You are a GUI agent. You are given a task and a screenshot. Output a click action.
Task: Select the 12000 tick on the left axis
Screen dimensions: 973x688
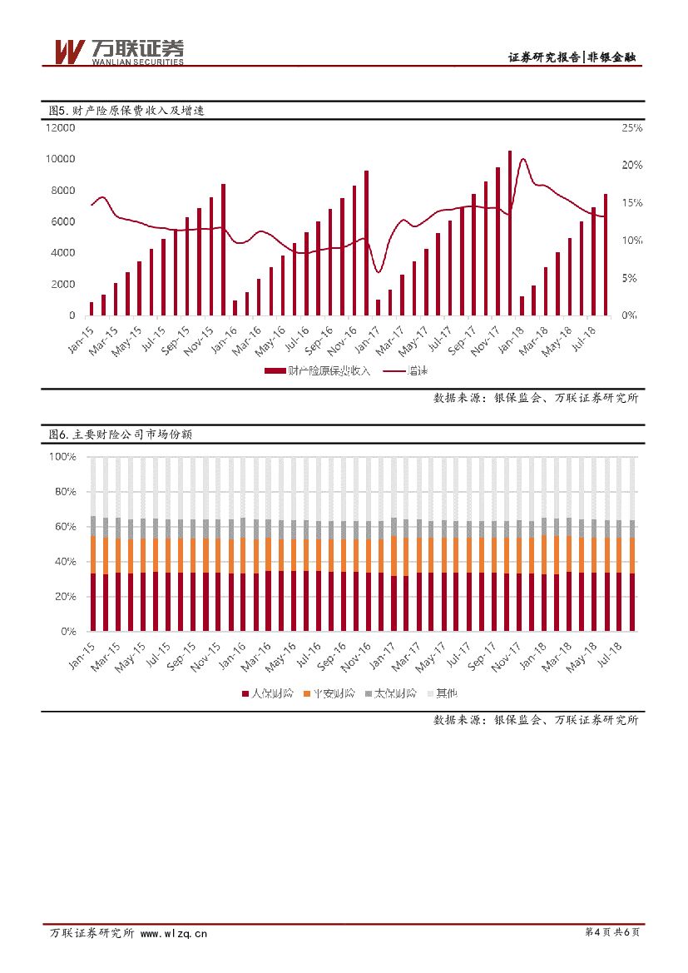tap(61, 127)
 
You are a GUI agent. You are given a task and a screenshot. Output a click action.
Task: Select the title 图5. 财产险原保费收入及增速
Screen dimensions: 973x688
tap(126, 110)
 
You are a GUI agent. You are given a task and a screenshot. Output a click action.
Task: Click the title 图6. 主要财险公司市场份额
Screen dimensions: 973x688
tap(121, 434)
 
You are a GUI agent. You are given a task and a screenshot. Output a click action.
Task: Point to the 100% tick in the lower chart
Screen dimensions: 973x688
tap(63, 457)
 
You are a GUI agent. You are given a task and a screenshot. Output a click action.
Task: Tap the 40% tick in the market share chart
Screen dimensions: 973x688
tap(66, 562)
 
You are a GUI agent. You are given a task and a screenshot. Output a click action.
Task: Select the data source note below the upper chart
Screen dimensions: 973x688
tap(536, 398)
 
